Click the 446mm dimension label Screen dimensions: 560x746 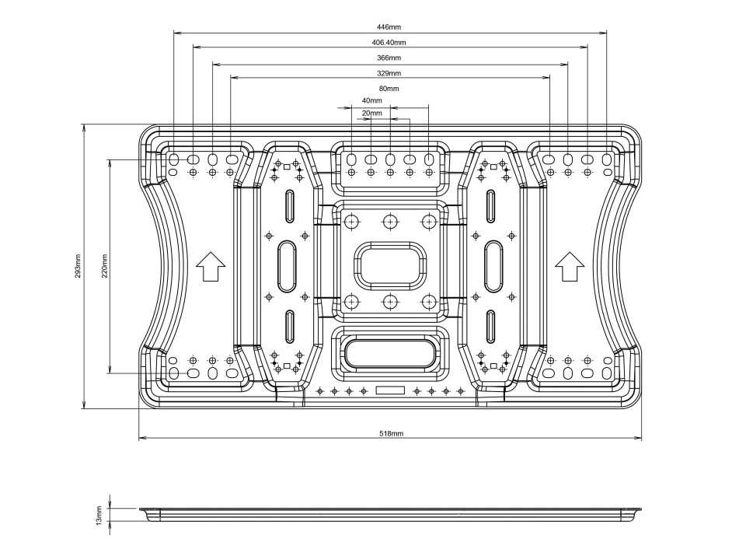point(389,26)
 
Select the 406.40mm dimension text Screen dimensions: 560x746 point(389,42)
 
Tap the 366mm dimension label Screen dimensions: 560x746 point(389,58)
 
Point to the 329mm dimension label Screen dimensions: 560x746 point(389,73)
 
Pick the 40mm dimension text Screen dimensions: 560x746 point(372,101)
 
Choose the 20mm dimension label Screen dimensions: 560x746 point(372,114)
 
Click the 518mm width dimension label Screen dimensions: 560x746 point(391,433)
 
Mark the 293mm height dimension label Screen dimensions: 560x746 point(78,266)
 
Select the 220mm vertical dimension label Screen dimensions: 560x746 point(104,266)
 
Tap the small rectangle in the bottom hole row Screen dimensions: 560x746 point(390,390)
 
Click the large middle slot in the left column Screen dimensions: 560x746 point(288,265)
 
